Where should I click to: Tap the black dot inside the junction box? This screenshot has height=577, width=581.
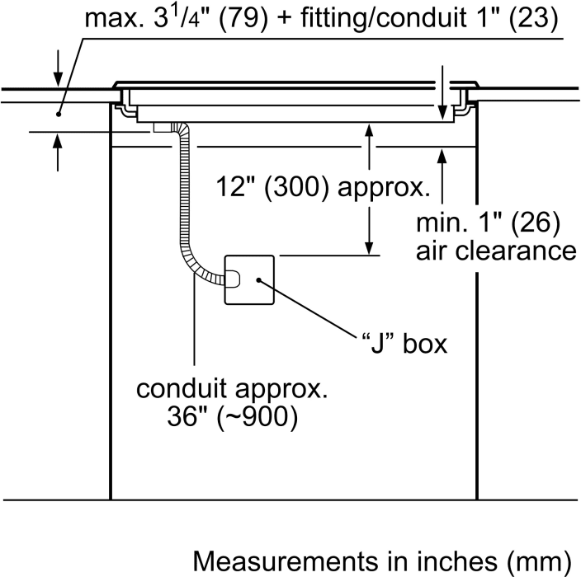point(259,281)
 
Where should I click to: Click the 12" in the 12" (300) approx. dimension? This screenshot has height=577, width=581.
point(234,187)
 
